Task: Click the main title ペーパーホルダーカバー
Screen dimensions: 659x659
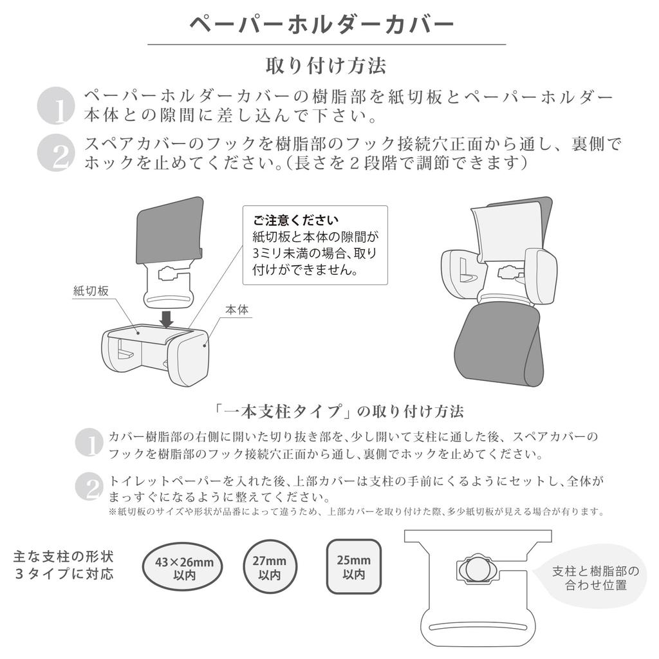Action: coord(322,24)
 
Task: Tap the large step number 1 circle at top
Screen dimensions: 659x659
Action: coord(57,106)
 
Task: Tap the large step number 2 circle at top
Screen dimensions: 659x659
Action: coord(57,153)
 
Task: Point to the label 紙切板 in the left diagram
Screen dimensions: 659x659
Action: coord(91,291)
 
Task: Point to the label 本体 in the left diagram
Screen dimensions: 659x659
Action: coord(237,310)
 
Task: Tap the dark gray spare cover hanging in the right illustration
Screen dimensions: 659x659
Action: coord(499,344)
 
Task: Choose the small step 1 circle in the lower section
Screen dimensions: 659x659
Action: coord(89,443)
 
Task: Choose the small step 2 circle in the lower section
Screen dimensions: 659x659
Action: coord(89,487)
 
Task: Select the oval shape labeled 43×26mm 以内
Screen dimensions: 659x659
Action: coord(184,568)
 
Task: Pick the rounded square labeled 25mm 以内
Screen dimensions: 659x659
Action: coord(354,566)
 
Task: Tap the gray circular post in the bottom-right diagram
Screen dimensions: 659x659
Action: coord(478,569)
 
